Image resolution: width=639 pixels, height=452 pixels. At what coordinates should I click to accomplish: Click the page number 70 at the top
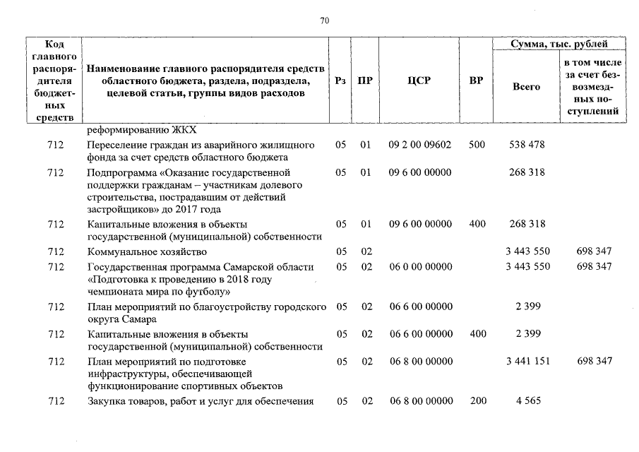pos(324,20)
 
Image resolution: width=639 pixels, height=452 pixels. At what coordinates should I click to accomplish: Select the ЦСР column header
pos(419,81)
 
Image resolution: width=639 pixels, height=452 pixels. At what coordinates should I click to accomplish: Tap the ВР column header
pos(476,81)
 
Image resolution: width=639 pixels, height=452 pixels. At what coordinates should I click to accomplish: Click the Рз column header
pos(341,81)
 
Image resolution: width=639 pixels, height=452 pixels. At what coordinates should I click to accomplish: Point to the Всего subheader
pos(526,86)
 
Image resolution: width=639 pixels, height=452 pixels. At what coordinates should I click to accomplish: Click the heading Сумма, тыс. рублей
pos(559,44)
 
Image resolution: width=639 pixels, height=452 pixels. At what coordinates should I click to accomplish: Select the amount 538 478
pos(527,145)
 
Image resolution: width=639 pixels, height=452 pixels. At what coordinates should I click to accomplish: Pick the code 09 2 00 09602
pos(419,145)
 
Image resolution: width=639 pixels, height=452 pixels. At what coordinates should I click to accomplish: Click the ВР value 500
pos(477,145)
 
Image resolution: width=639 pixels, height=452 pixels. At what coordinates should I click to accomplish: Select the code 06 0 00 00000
pos(419,267)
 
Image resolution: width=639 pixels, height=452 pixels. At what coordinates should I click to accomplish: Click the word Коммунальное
pos(119,251)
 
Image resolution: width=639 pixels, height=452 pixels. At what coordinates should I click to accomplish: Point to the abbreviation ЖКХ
pos(183,130)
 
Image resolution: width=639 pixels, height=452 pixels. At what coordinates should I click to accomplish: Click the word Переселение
pos(115,145)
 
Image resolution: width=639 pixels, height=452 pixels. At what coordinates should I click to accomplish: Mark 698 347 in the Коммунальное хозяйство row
pos(594,251)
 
